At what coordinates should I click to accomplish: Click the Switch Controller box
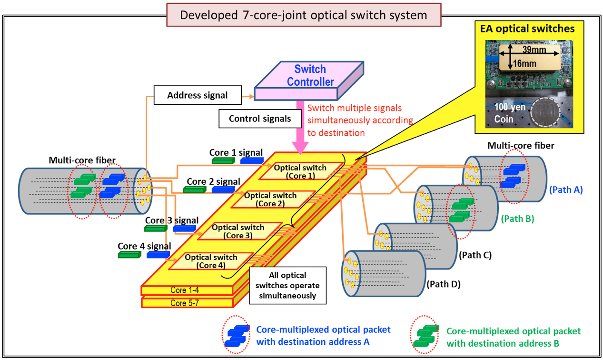pos(309,81)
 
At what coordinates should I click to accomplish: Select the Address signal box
pos(198,95)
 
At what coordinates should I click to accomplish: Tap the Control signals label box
pos(260,119)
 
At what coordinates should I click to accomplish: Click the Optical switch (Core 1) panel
pos(301,171)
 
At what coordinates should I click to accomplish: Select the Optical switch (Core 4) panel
pos(211,261)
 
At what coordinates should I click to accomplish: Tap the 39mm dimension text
pos(534,50)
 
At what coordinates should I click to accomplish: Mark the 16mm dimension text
pos(524,63)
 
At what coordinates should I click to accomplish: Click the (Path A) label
pos(566,190)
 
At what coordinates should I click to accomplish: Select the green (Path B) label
pos(517,219)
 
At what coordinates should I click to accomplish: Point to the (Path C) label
pos(475,255)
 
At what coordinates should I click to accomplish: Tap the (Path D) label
pos(444,284)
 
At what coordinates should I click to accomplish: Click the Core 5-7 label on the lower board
pos(185,303)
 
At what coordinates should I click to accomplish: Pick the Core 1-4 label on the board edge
pos(185,290)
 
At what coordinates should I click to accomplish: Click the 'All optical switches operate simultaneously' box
pos(287,285)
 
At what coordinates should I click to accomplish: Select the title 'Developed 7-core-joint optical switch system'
pos(304,15)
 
